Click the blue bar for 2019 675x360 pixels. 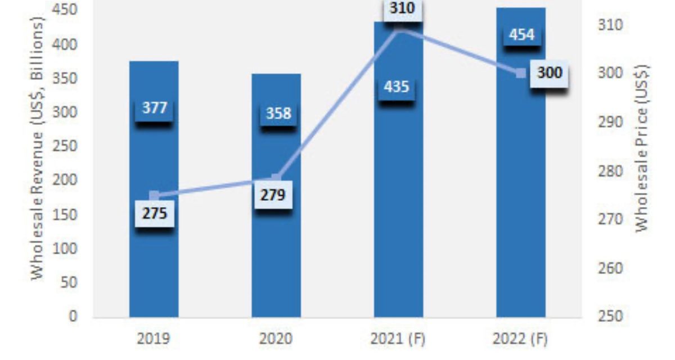pos(154,264)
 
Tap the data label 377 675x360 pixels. pos(154,108)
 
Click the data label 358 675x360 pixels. pos(278,113)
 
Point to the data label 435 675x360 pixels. pos(396,87)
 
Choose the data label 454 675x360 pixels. pos(521,35)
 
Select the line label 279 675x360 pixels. pos(273,195)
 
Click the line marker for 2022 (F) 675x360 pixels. pos(521,73)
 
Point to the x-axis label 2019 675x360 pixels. pos(154,340)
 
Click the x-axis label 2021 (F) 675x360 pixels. pos(398,340)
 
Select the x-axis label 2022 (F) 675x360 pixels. pos(520,340)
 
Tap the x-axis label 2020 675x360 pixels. pos(276,340)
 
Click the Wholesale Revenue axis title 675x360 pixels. pos(37,147)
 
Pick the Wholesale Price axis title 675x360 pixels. pos(642,147)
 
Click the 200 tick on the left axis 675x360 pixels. pos(65,180)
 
